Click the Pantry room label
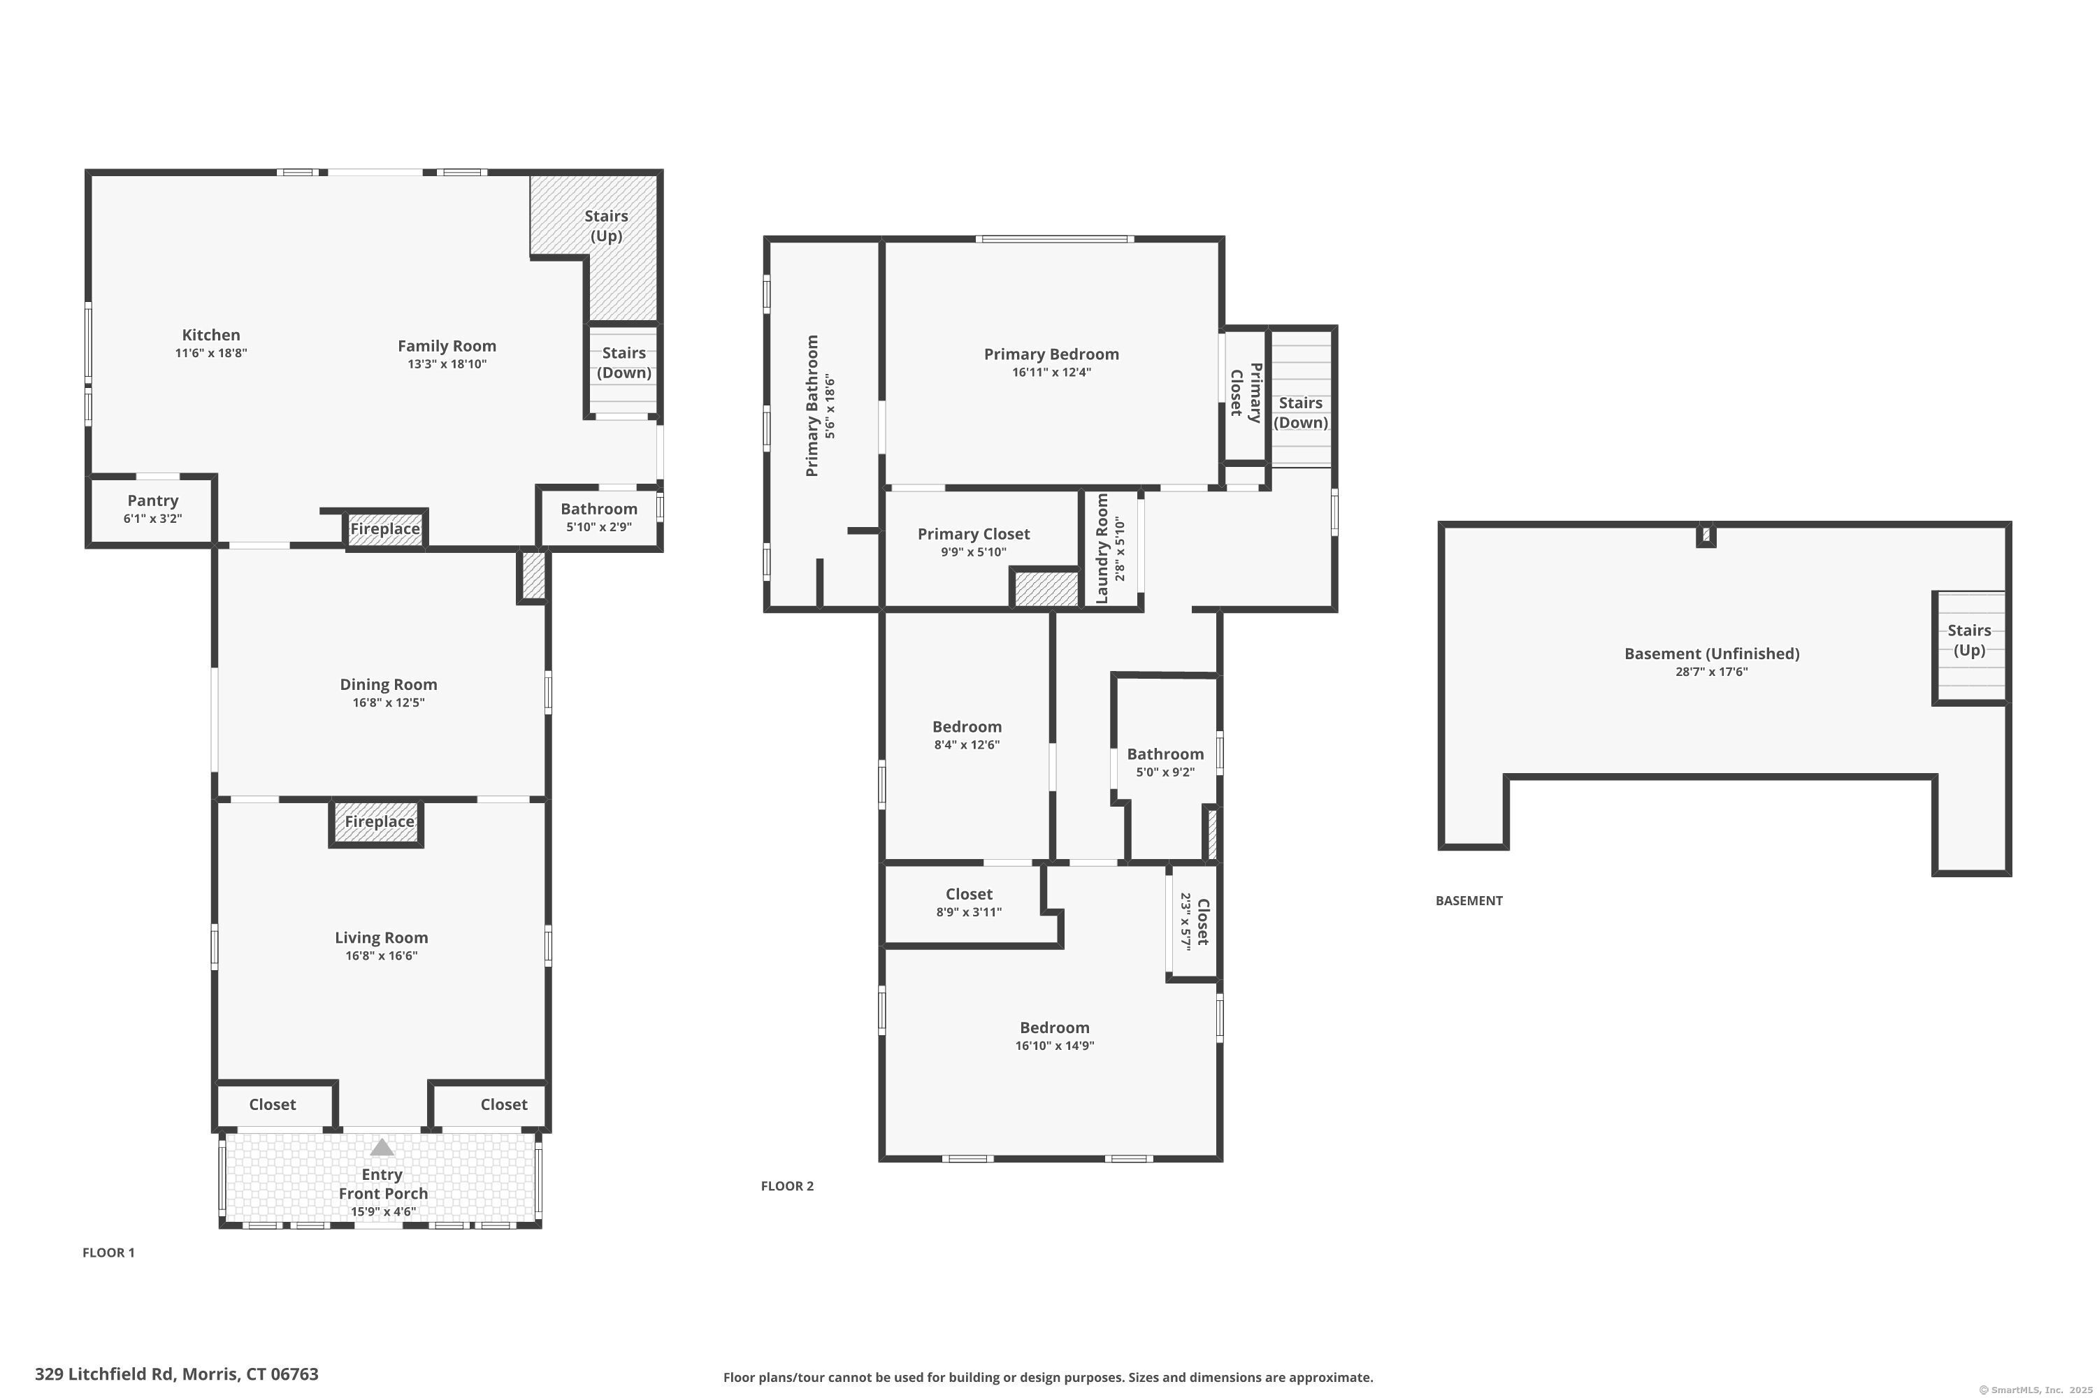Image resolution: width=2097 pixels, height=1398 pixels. click(x=152, y=500)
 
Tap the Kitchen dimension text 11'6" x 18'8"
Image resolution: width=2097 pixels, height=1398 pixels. click(x=210, y=353)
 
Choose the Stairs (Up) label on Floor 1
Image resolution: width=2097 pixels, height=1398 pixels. click(x=606, y=226)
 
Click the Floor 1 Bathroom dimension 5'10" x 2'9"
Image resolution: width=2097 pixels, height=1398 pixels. click(x=599, y=527)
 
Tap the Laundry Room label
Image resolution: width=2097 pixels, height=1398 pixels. click(x=1102, y=548)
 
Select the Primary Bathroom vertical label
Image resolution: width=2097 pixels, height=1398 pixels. click(x=812, y=405)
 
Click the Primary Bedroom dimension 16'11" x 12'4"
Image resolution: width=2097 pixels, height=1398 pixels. click(x=1051, y=373)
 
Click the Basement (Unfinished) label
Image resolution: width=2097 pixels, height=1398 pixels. click(x=1711, y=654)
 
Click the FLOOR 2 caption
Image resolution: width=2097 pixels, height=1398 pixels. click(x=786, y=1186)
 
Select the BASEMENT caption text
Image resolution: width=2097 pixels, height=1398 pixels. click(x=1469, y=900)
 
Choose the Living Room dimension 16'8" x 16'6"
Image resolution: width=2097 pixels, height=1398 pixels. click(x=381, y=956)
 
